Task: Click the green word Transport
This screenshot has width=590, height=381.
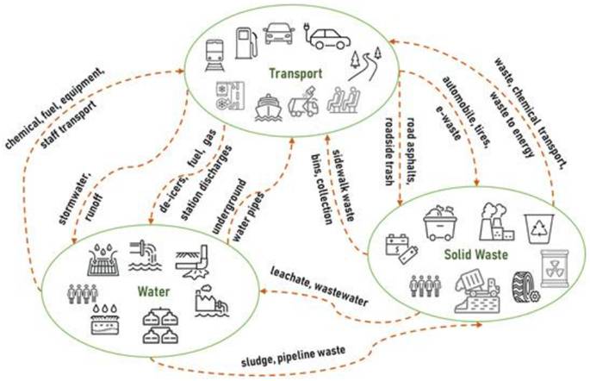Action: click(x=295, y=73)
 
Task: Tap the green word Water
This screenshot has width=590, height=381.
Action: click(x=153, y=291)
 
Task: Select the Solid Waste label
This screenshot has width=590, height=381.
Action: click(x=476, y=255)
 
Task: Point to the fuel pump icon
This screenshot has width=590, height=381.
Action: click(x=246, y=43)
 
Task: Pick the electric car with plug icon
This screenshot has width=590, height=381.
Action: click(x=327, y=36)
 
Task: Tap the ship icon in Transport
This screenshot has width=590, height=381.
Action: click(x=268, y=107)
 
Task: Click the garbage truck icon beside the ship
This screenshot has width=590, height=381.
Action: click(x=303, y=102)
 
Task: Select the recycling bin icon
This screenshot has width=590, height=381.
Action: click(x=539, y=228)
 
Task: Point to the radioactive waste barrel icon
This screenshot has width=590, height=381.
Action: click(x=555, y=269)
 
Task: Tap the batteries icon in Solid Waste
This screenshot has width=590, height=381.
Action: click(x=401, y=248)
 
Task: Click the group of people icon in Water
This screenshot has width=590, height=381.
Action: click(x=83, y=294)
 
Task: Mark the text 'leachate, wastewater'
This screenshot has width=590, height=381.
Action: click(x=320, y=286)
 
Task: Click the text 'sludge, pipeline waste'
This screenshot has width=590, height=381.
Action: click(x=293, y=357)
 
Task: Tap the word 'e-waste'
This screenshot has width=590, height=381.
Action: click(x=448, y=122)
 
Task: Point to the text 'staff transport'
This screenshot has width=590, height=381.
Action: click(x=68, y=124)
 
